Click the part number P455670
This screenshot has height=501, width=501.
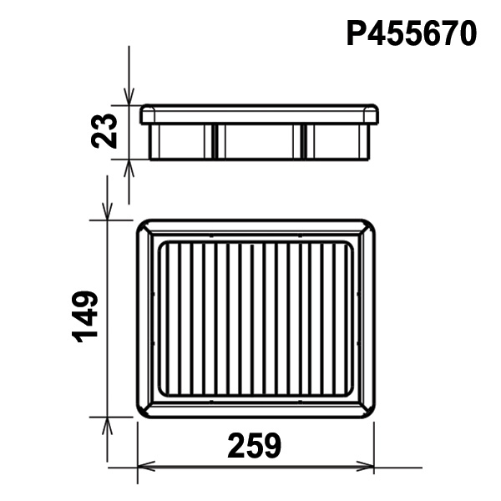412,33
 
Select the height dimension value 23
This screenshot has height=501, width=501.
104,131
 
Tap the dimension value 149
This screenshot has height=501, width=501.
85,317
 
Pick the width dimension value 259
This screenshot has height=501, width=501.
255,446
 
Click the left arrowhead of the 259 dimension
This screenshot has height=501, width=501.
146,467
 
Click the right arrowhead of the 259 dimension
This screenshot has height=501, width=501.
365,467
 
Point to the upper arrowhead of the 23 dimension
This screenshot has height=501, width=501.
129,96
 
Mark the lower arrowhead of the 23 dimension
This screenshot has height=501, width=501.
129,168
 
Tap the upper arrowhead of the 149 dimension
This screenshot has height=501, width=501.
107,211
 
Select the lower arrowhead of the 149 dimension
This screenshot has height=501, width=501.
107,426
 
